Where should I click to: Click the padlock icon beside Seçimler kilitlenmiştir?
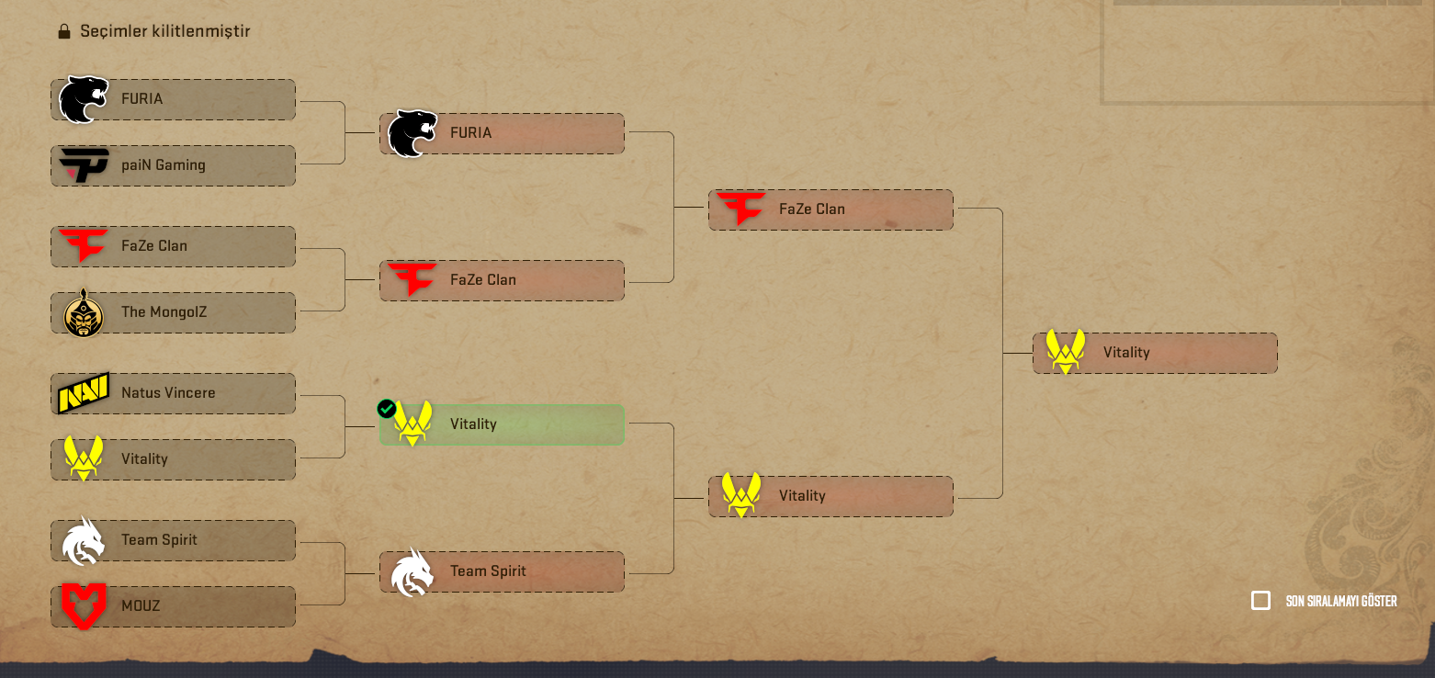tap(64, 31)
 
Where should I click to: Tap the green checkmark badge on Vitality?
tap(386, 408)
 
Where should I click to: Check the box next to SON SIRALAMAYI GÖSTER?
tap(1260, 601)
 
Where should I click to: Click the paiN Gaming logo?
tap(84, 165)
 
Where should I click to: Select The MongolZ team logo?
tap(84, 312)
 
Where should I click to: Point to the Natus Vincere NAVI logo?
tap(84, 393)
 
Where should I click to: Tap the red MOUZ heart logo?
tap(84, 605)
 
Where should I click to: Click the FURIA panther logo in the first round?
tap(84, 99)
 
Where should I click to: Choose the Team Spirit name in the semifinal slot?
tap(488, 571)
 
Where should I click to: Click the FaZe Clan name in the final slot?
tap(812, 209)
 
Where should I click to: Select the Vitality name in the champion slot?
tap(1126, 353)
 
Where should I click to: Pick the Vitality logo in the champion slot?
tap(1066, 351)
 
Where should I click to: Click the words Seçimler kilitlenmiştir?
tap(165, 31)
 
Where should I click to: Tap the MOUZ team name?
tap(141, 605)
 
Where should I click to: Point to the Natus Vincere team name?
tap(168, 393)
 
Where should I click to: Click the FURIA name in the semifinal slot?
tap(471, 132)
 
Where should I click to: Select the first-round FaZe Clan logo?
tap(84, 244)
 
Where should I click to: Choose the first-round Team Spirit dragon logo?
tap(84, 541)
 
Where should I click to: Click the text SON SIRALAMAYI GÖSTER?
tap(1341, 601)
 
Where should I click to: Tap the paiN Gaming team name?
tap(164, 165)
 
